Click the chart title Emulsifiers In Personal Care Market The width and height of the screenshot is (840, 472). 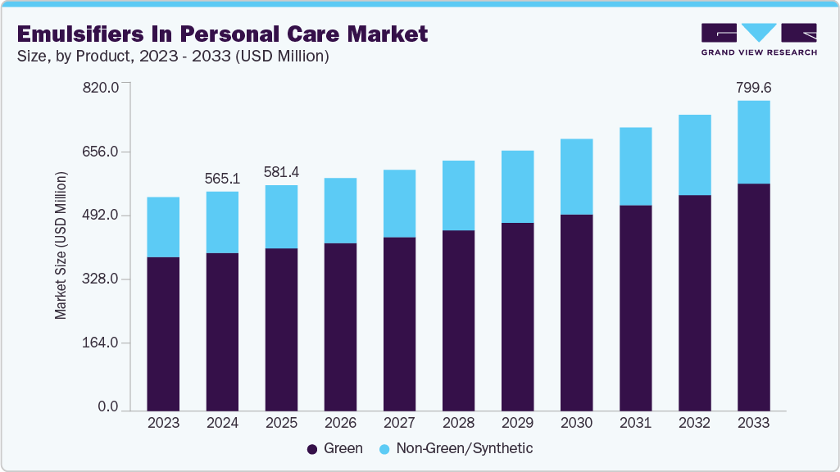click(220, 34)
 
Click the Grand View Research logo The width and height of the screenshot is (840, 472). click(759, 39)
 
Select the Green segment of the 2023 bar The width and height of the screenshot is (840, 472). click(163, 334)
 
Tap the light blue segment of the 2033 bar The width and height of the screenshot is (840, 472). click(753, 142)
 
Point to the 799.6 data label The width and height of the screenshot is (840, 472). click(753, 87)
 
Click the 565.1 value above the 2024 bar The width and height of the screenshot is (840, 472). click(222, 178)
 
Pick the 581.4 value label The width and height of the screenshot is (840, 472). click(281, 172)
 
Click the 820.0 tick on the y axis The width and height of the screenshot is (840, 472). click(102, 88)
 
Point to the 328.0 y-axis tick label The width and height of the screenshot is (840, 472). click(102, 279)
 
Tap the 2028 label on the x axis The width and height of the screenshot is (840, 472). click(458, 424)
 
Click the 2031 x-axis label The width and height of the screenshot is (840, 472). click(635, 424)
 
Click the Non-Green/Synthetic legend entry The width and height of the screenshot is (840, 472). click(455, 449)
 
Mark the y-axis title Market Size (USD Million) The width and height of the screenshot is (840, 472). click(61, 246)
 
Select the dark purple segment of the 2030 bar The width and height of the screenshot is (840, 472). click(576, 312)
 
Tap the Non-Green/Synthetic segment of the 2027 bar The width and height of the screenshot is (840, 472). click(399, 203)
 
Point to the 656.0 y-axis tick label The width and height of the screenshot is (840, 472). click(102, 152)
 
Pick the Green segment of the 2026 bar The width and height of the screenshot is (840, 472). click(340, 327)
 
